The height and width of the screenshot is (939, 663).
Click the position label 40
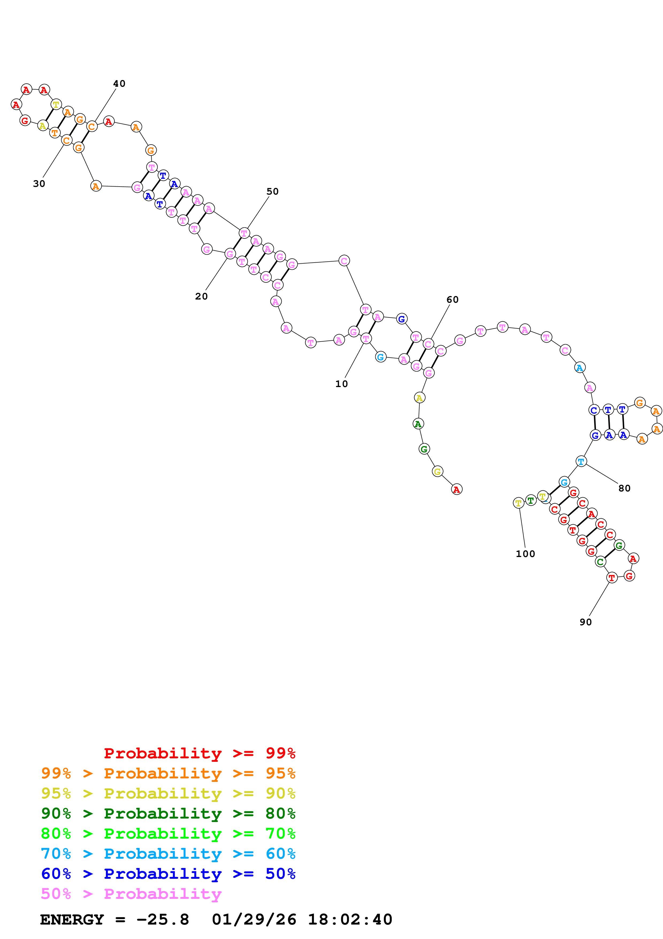[119, 84]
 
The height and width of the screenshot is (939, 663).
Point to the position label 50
[273, 192]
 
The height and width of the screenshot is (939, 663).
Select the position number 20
[201, 297]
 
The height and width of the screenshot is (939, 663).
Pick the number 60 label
[453, 300]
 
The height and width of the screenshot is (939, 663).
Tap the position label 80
[624, 488]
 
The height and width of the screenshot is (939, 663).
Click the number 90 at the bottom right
[586, 622]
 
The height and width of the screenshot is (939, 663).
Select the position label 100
[525, 554]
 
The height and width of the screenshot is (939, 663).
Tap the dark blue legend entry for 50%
[168, 874]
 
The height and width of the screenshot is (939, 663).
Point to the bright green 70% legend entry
[168, 834]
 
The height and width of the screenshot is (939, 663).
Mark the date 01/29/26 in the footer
[254, 920]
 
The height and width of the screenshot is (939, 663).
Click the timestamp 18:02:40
[350, 920]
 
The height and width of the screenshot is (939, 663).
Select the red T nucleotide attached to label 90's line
[612, 578]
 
